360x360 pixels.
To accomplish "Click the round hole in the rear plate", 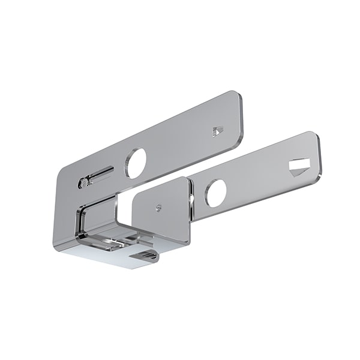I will pyautogui.click(x=135, y=163).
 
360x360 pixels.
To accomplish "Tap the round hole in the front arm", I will pyautogui.click(x=215, y=193).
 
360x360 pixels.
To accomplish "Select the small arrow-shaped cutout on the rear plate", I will pyautogui.click(x=218, y=130).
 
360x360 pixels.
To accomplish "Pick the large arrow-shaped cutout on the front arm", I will pyautogui.click(x=298, y=166).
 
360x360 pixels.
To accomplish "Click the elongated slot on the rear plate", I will pyautogui.click(x=100, y=176).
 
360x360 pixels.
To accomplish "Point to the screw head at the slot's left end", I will pyautogui.click(x=83, y=182).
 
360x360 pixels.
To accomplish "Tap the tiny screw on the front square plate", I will pyautogui.click(x=158, y=208).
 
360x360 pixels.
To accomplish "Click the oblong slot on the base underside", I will pyautogui.click(x=144, y=256).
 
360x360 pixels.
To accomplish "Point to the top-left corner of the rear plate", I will pyautogui.click(x=61, y=170).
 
